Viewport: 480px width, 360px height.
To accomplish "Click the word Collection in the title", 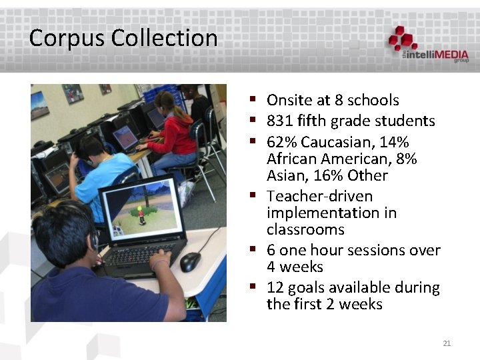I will pos(165,38).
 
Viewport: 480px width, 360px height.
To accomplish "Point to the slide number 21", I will pos(447,343).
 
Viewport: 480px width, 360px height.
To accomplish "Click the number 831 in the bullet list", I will pos(280,121).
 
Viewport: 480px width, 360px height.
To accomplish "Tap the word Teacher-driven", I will pos(319,197).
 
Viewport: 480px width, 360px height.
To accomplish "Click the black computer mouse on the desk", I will pos(190,261).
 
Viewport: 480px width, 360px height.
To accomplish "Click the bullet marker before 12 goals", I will pos(254,287).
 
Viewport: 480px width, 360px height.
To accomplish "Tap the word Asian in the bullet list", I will pos(285,176).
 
